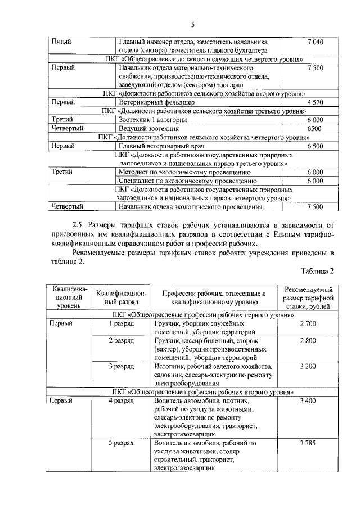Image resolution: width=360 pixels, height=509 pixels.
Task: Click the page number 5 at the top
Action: pos(192,25)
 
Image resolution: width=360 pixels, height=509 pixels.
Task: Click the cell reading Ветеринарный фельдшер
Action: pos(156,102)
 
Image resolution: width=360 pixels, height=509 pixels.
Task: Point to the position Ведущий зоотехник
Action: pos(149,128)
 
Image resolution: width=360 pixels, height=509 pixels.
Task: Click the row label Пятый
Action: pos(61,42)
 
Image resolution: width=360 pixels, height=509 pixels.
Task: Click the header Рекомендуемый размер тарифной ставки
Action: pos(308,297)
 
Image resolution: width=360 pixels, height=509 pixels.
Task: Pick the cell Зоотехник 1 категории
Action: pos(152,120)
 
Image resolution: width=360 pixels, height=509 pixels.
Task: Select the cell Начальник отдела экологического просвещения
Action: pos(191,207)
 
